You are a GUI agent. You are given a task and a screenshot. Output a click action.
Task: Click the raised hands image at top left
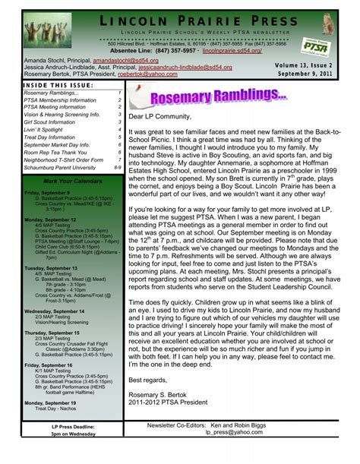(31, 27)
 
